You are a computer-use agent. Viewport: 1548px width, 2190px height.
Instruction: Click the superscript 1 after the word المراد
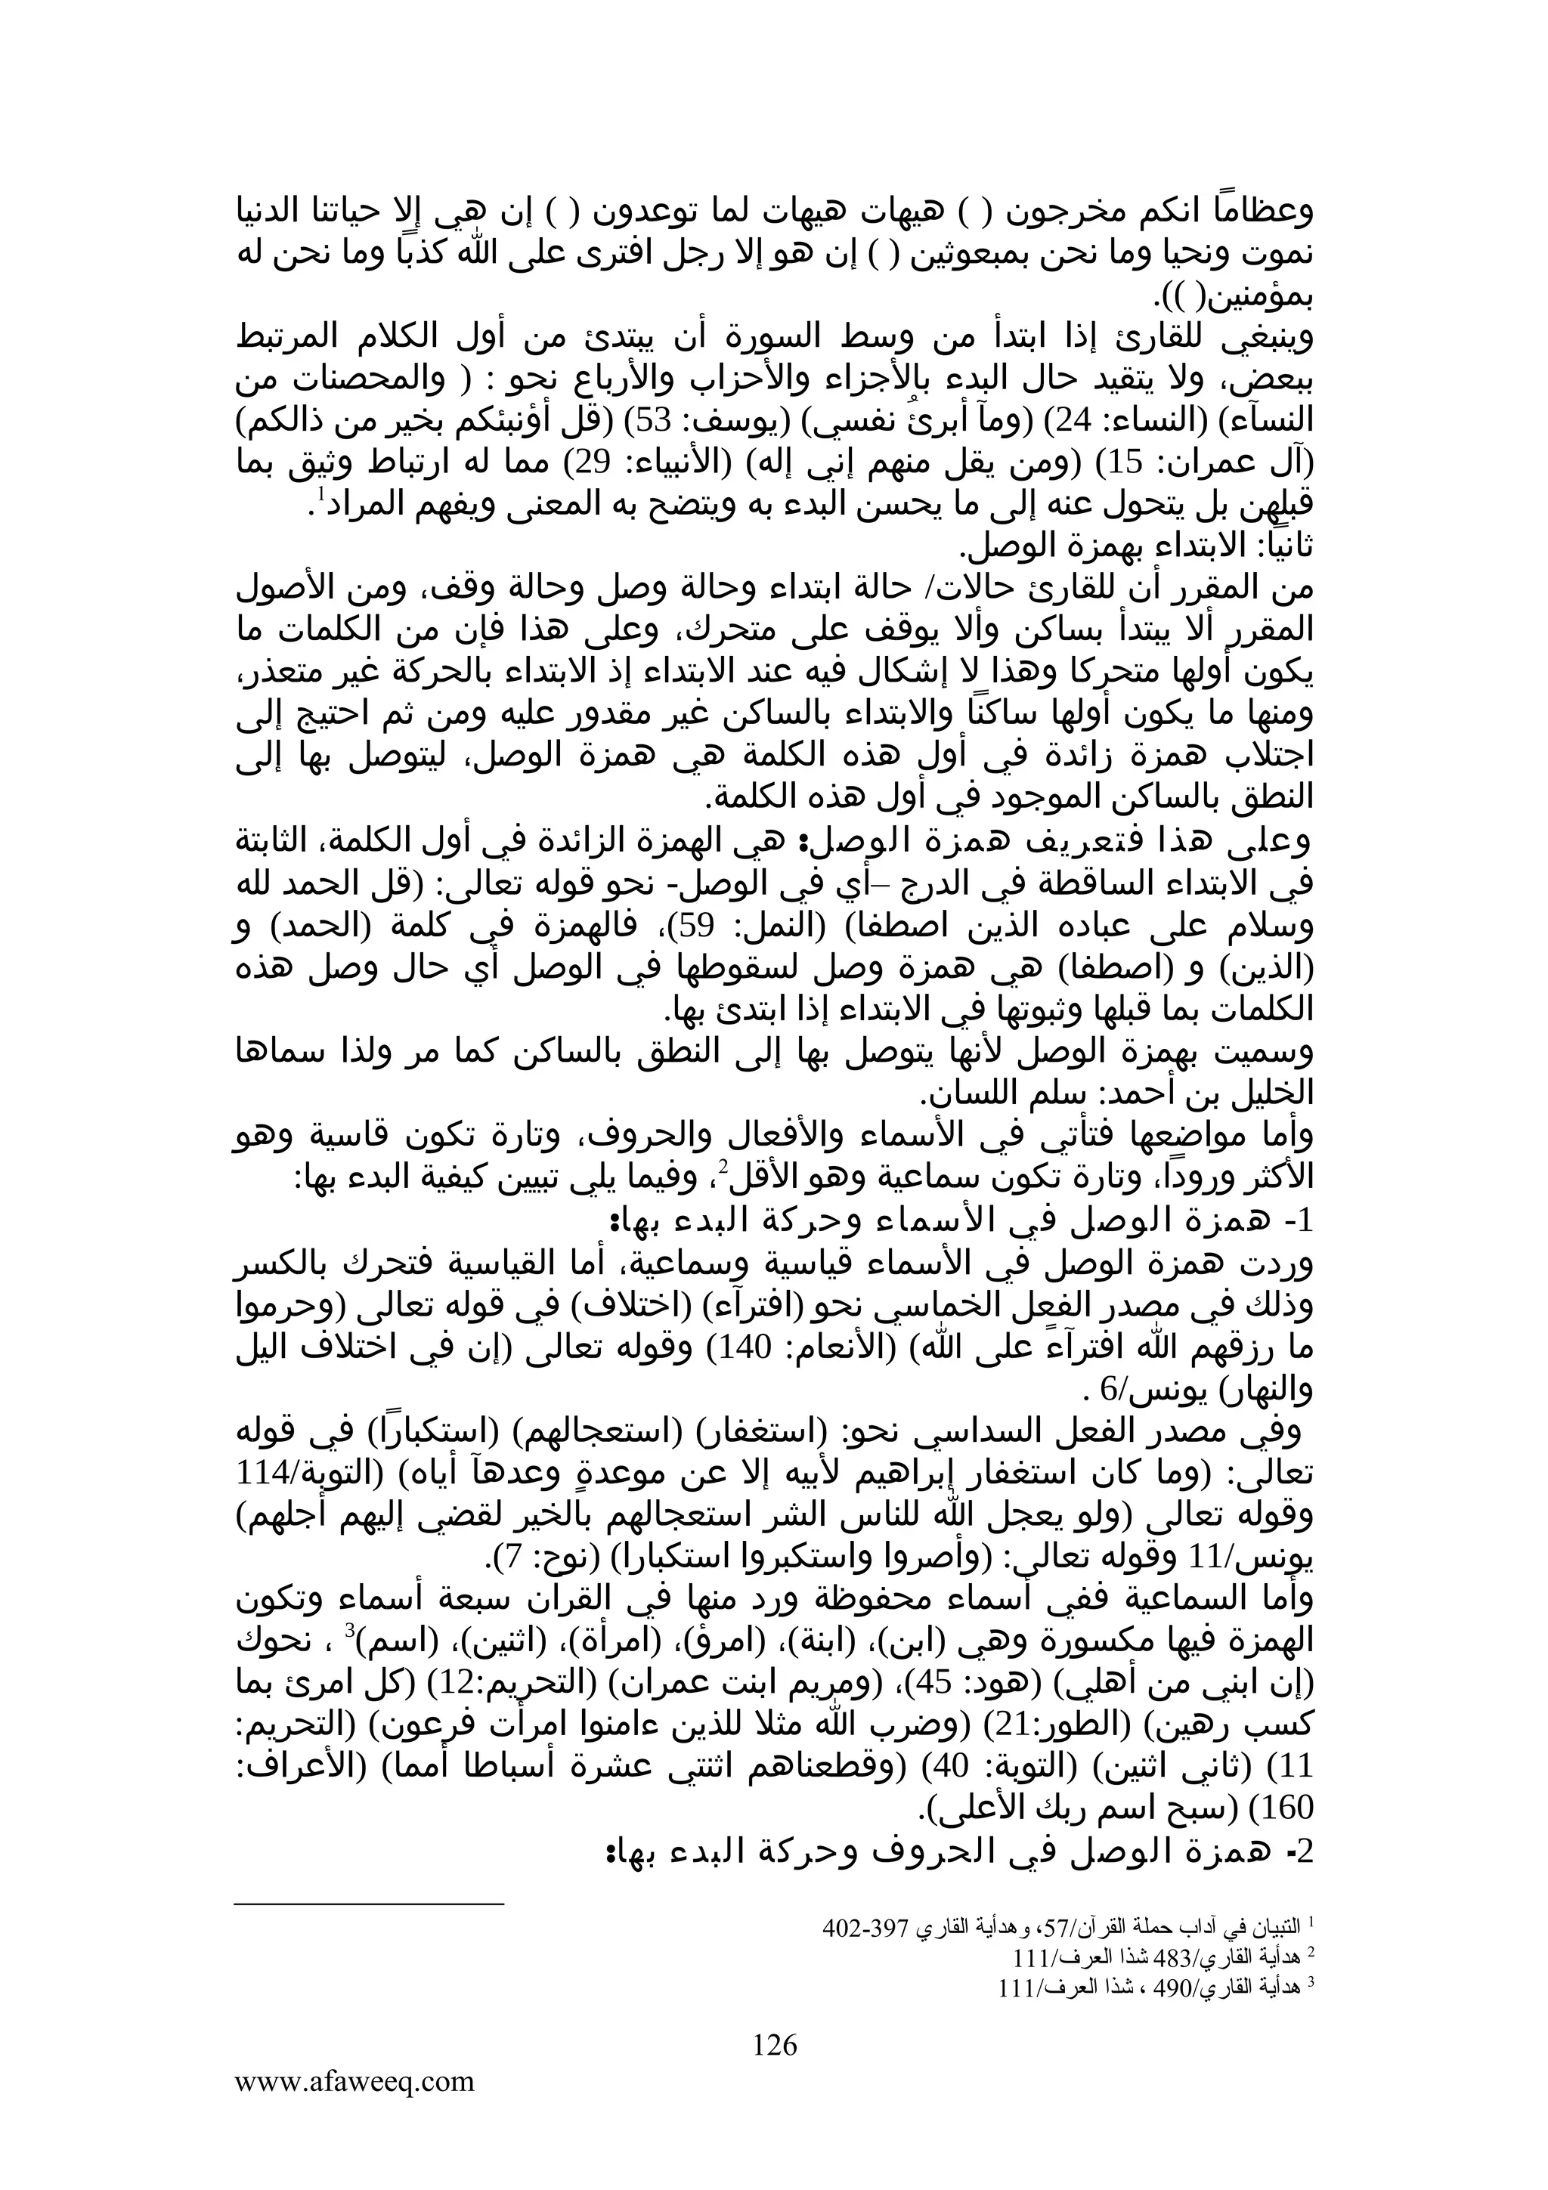pyautogui.click(x=320, y=493)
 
